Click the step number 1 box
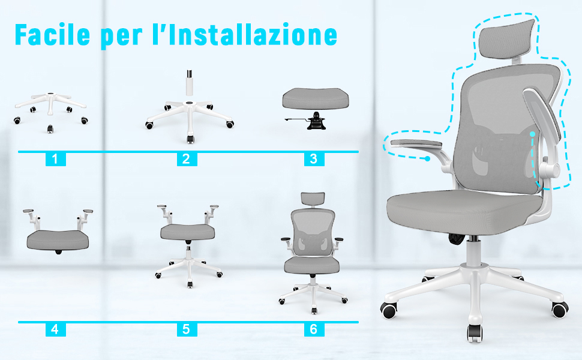pos(55,159)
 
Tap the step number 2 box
pos(187,159)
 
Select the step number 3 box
pos(314,159)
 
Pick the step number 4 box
pos(55,329)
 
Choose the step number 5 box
pos(187,329)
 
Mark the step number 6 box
pos(314,329)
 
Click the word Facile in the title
pos(52,34)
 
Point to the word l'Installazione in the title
pos(245,34)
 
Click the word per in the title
pos(122,37)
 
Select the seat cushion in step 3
pos(316,98)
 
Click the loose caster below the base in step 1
pos(50,129)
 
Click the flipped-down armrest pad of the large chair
pos(413,144)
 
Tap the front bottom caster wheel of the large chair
pos(475,333)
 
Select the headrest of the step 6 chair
pos(313,199)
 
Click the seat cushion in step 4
pos(58,240)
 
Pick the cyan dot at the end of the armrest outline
pos(428,158)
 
